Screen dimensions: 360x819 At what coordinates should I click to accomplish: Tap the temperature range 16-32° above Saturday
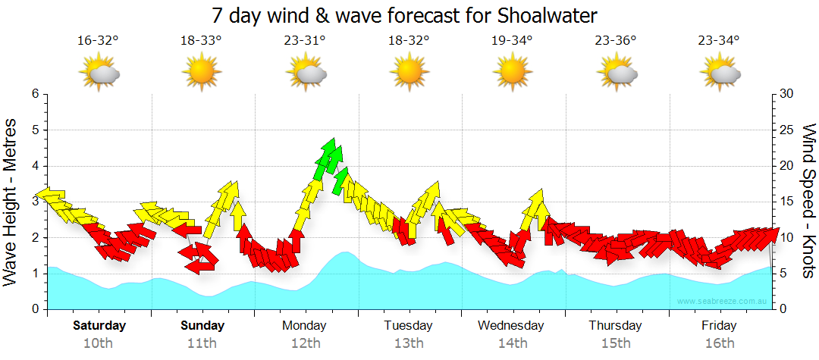click(x=99, y=40)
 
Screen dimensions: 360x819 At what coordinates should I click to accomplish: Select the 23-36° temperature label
click(x=615, y=40)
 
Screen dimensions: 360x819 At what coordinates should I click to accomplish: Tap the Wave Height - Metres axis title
click(x=11, y=201)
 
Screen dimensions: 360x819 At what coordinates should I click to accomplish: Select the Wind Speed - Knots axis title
click(x=808, y=201)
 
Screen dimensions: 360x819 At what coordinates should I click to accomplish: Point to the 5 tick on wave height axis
click(x=35, y=130)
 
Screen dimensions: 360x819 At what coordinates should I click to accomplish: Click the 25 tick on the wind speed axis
click(x=787, y=130)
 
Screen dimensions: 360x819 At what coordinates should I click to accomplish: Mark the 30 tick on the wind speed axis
click(x=787, y=94)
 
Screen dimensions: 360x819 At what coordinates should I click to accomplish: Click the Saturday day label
click(x=99, y=326)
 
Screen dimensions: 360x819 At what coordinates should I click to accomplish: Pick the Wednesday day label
click(x=511, y=326)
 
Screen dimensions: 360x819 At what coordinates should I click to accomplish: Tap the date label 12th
click(x=305, y=343)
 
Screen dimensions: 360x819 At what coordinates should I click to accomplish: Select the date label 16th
click(x=719, y=343)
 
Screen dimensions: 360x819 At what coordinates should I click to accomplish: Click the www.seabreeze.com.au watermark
click(x=723, y=302)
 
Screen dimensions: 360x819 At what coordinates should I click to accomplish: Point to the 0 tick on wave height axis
click(x=35, y=309)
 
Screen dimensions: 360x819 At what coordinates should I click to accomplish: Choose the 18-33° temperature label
click(x=201, y=40)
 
